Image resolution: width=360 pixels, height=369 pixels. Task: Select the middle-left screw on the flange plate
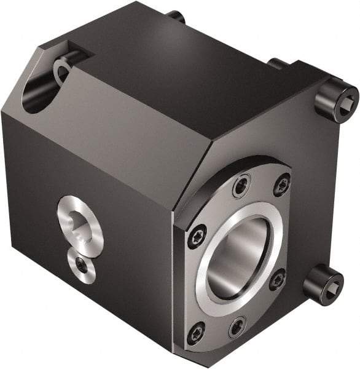pyautogui.click(x=197, y=236)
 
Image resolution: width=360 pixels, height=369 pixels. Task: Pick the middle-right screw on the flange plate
pyautogui.click(x=277, y=280)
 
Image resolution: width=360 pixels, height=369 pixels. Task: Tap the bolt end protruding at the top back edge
pyautogui.click(x=176, y=17)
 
